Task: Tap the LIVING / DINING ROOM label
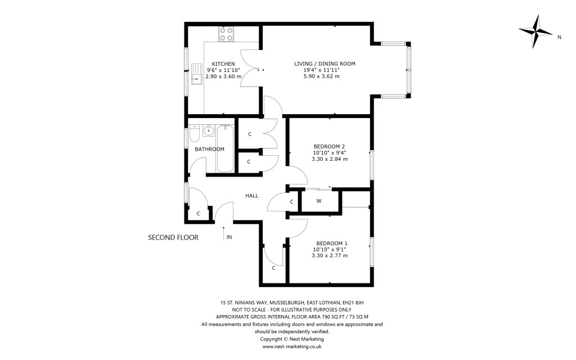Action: pos(325,64)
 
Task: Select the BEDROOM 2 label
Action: pos(330,146)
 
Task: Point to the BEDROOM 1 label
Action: pos(330,243)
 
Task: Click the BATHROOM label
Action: pos(210,149)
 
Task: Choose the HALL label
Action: pos(251,196)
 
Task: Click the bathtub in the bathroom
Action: pos(225,148)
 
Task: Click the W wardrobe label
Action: pos(318,201)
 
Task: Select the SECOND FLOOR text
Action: pos(173,238)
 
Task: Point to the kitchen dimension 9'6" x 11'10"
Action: pos(223,70)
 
